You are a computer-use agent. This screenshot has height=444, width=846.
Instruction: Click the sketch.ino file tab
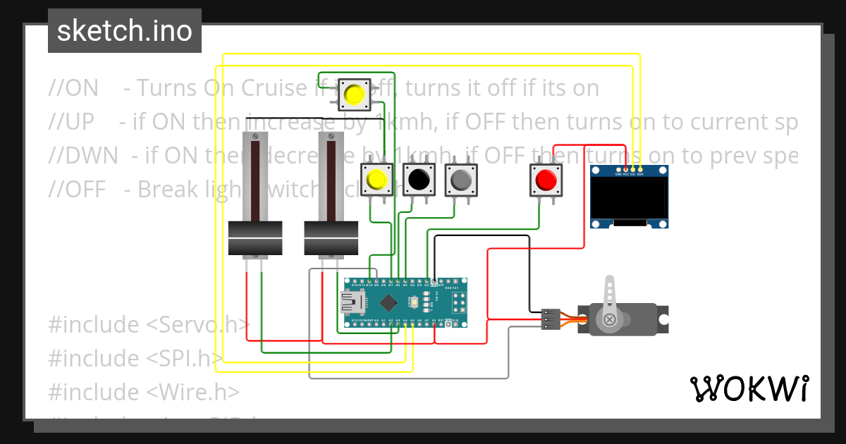tap(124, 31)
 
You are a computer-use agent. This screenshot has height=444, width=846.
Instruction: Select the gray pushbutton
tap(461, 180)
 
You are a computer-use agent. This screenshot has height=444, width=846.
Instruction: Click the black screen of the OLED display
tap(629, 198)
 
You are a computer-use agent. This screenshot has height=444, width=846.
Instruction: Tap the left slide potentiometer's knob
tap(255, 238)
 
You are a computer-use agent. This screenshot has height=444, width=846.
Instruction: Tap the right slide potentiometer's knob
tap(331, 238)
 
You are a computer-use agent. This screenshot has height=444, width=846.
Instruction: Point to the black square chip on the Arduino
tap(388, 303)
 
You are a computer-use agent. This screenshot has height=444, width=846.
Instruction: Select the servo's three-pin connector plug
tap(551, 319)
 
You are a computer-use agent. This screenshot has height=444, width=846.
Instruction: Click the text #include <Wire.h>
tap(144, 392)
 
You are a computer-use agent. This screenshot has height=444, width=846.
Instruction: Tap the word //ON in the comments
tap(73, 88)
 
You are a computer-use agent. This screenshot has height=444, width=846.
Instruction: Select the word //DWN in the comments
tap(83, 156)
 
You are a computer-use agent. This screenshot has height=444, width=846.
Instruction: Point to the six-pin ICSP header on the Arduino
tap(459, 303)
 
